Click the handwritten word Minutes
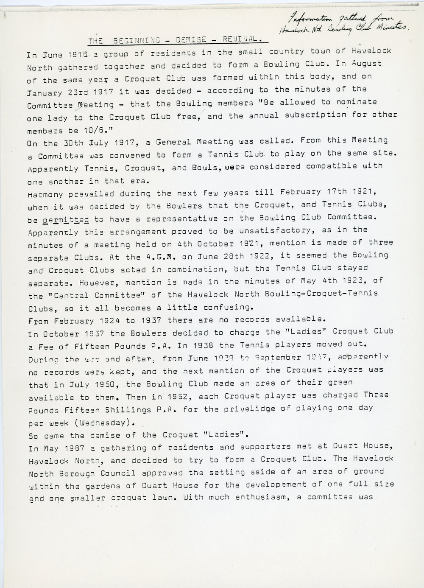tap(393, 28)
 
